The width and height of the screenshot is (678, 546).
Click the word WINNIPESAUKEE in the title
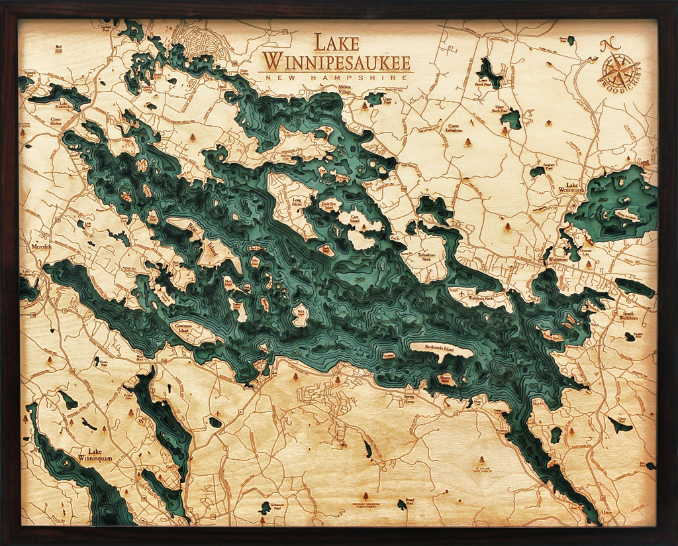[336, 62]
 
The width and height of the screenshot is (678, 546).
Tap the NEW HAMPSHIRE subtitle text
[336, 78]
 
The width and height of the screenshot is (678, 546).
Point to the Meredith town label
[41, 246]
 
